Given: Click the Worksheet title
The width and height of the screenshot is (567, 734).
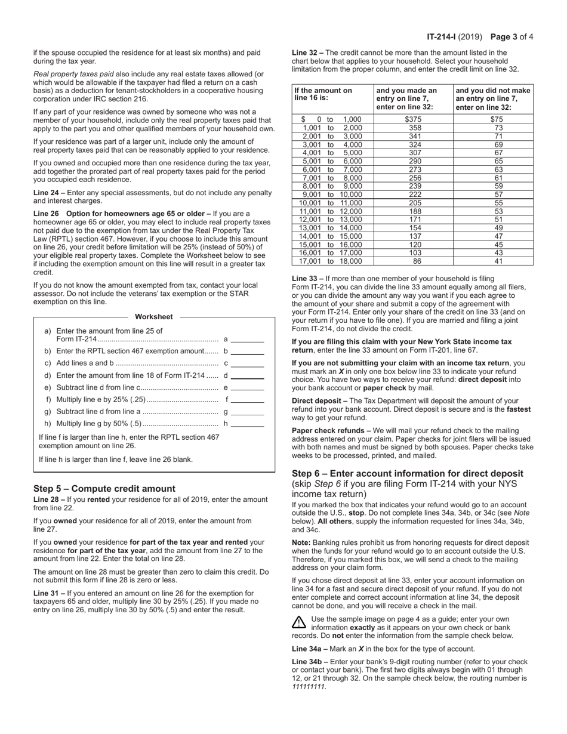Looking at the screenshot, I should point(154,317).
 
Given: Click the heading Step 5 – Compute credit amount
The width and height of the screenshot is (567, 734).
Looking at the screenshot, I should point(104,488).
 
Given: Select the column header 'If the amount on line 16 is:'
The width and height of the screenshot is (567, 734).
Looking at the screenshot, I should point(323,94).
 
